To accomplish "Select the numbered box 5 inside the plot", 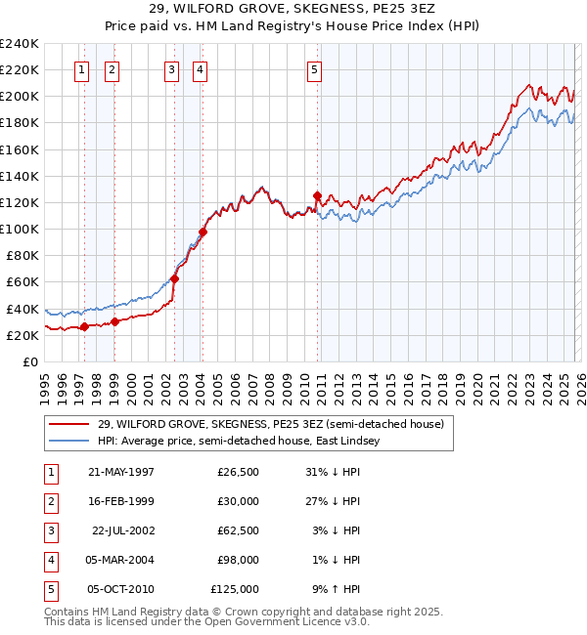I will click(x=314, y=69).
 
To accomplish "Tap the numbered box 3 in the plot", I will click(x=171, y=69).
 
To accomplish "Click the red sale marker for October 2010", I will click(x=317, y=195).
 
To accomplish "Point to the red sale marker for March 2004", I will click(x=203, y=232).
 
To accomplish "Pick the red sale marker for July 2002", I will click(x=174, y=278).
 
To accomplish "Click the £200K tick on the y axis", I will click(x=20, y=97).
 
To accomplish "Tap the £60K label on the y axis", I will click(x=23, y=281).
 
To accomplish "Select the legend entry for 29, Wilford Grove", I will click(x=271, y=424).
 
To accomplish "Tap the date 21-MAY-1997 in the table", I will click(x=121, y=472).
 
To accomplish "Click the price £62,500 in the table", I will click(x=236, y=530).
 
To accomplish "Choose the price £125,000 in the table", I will click(x=234, y=589).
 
